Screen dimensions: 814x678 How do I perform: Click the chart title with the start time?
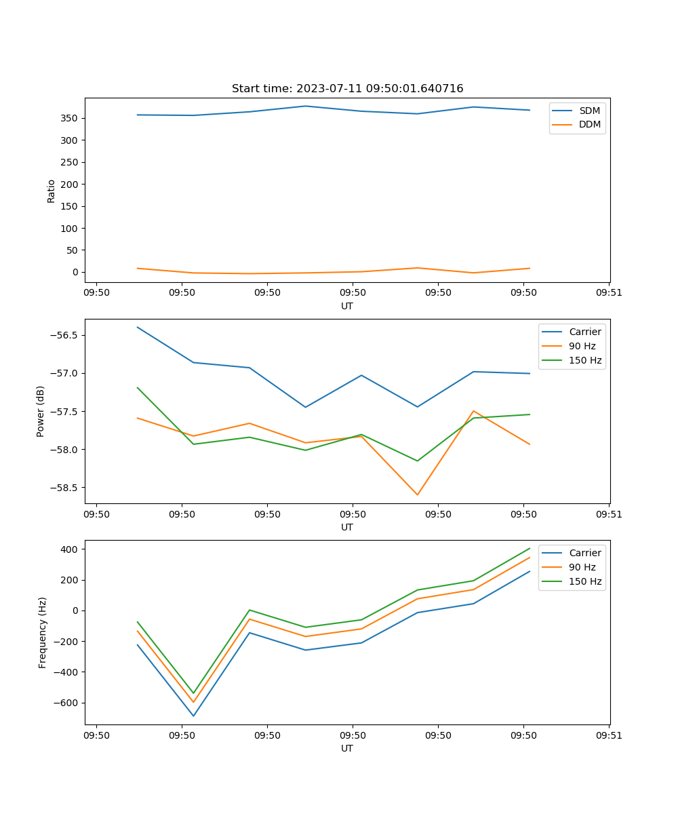(347, 89)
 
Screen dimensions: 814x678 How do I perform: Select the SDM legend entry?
(589, 111)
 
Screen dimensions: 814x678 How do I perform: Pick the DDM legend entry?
(589, 125)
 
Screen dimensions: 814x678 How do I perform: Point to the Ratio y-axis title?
(52, 191)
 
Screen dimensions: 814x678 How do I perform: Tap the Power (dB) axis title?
(41, 411)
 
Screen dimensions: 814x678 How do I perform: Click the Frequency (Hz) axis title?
(43, 632)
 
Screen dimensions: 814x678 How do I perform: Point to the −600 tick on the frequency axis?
(66, 703)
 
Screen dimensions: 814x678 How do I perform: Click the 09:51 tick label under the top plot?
(609, 293)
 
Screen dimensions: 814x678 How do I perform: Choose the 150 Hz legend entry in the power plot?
(585, 361)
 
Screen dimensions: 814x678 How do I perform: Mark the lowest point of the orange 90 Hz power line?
(418, 495)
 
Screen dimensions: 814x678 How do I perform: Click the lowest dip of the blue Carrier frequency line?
(193, 716)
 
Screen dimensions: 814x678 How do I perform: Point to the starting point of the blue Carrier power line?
(138, 327)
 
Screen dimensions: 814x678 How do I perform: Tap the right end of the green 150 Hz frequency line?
(530, 548)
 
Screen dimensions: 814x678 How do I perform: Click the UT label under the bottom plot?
(347, 749)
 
